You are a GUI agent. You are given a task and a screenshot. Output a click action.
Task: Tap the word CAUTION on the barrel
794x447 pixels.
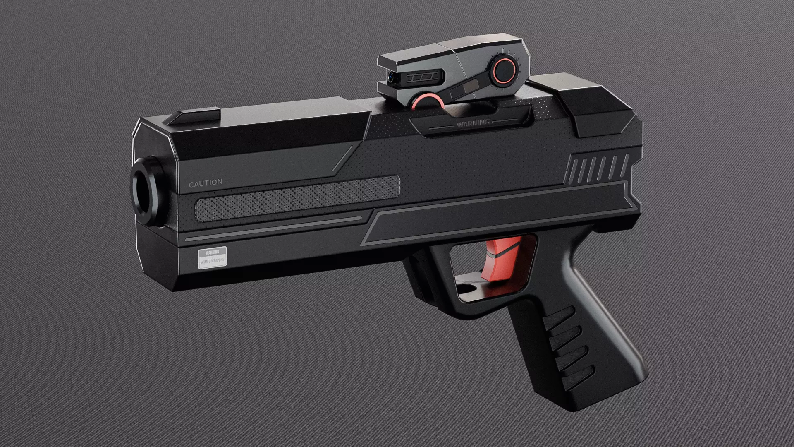click(x=206, y=183)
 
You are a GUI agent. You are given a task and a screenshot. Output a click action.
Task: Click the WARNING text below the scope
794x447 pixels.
click(x=473, y=123)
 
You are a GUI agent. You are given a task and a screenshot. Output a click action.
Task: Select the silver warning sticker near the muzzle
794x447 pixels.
click(x=213, y=257)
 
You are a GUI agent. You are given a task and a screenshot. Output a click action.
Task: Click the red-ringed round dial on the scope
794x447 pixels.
click(x=503, y=69)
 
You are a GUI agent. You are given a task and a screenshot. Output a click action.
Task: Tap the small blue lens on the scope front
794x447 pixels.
click(x=391, y=76)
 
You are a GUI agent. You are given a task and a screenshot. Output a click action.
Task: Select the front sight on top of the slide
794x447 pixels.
click(x=191, y=116)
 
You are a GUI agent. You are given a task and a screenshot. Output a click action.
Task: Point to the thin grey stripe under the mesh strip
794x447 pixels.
click(x=273, y=229)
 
